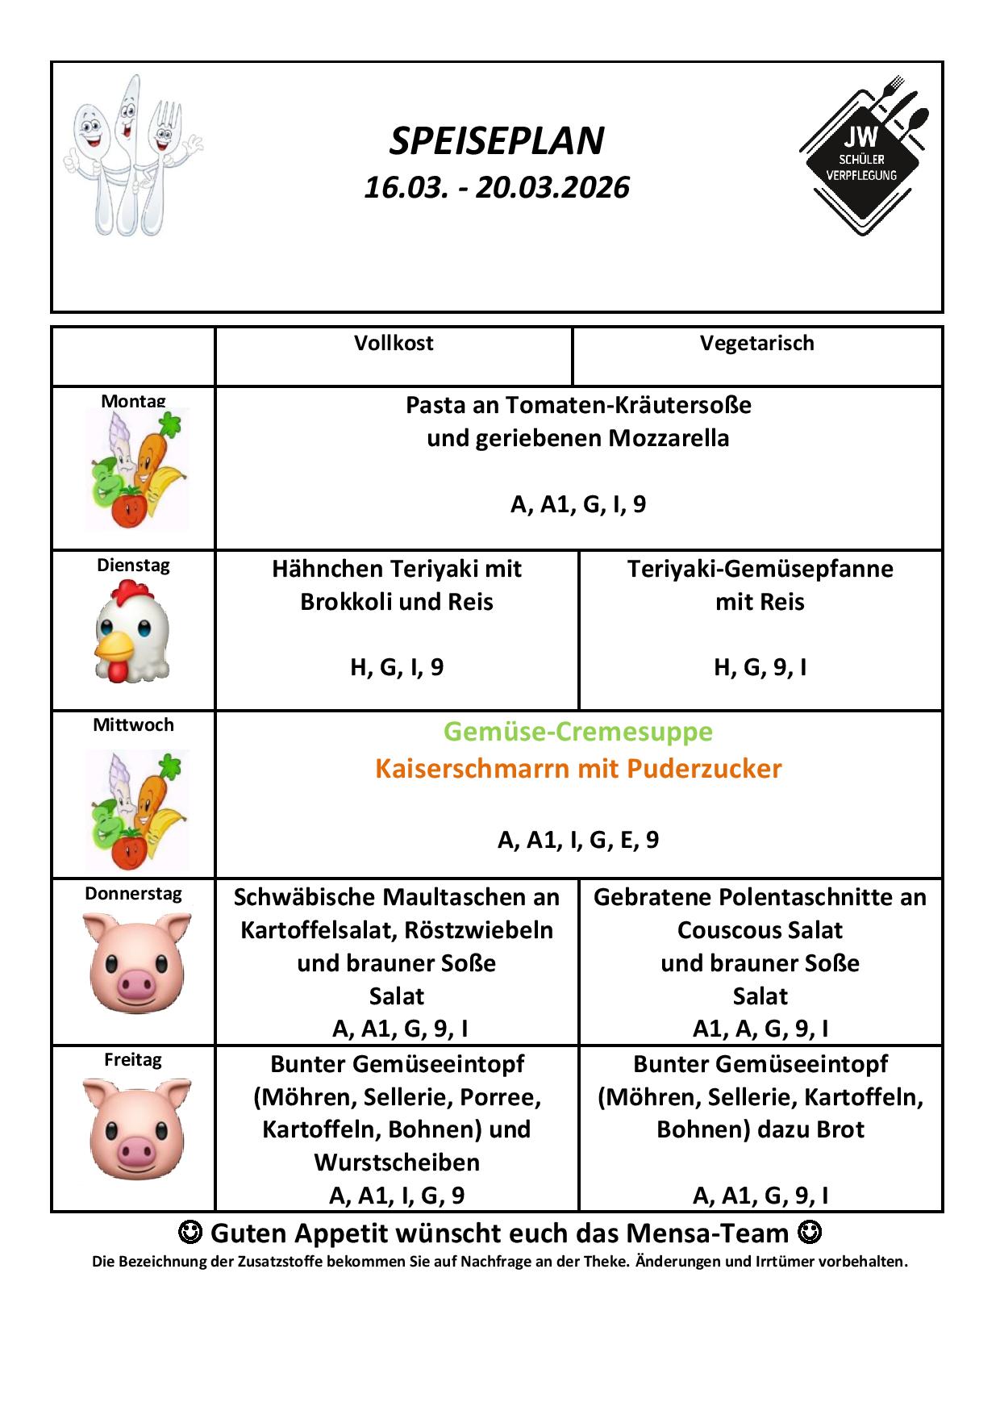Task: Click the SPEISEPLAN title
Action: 496,141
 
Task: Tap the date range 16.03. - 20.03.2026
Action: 496,187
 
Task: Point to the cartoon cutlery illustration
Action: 131,155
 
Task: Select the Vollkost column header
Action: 394,343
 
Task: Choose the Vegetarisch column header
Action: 756,343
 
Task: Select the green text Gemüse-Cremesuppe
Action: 578,732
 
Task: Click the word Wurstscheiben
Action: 397,1162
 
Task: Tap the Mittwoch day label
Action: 133,724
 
